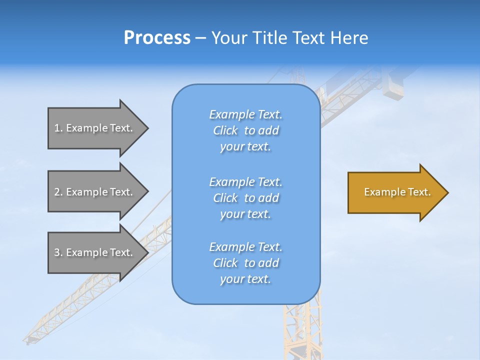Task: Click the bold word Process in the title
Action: [x=157, y=38]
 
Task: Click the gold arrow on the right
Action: [x=395, y=192]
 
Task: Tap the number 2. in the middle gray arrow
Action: [x=58, y=192]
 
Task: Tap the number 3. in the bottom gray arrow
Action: [x=58, y=252]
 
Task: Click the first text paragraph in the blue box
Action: [x=245, y=130]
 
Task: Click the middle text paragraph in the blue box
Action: [x=245, y=197]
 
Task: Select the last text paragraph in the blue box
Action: [x=245, y=263]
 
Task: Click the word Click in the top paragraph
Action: [x=225, y=130]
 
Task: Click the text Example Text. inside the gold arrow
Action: [x=397, y=192]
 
